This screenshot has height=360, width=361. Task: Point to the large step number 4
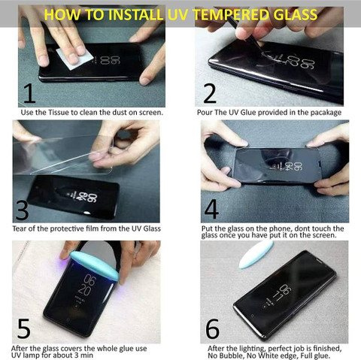(211, 208)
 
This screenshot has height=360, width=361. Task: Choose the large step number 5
(24, 328)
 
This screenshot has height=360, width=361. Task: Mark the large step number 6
(212, 328)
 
